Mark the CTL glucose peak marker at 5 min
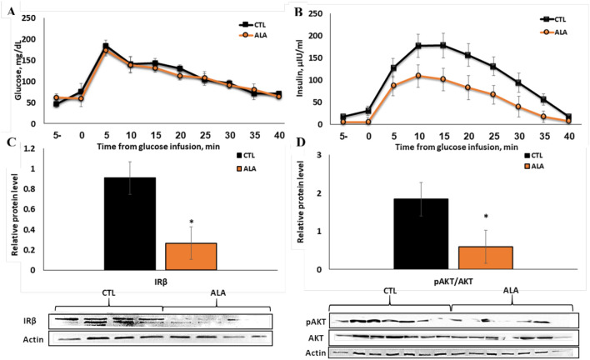coord(106,47)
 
